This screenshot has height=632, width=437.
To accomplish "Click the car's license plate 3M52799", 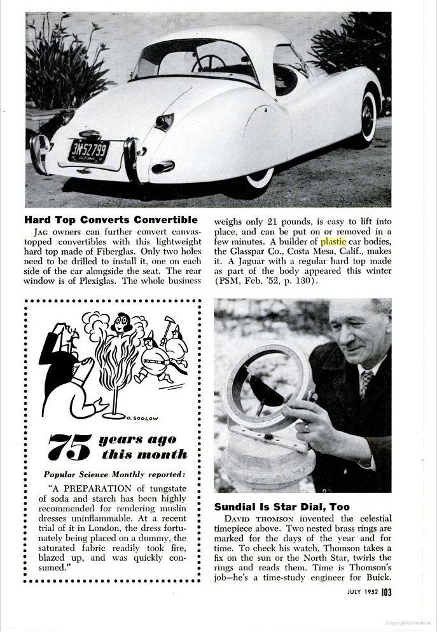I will [x=88, y=151].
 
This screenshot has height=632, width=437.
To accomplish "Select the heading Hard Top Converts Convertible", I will [x=111, y=220].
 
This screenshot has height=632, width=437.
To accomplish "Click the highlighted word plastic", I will [x=333, y=241].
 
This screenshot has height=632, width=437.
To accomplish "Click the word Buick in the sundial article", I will [x=377, y=577].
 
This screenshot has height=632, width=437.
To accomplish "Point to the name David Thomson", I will [x=251, y=520].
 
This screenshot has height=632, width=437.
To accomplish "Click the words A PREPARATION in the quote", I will [x=82, y=489].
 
